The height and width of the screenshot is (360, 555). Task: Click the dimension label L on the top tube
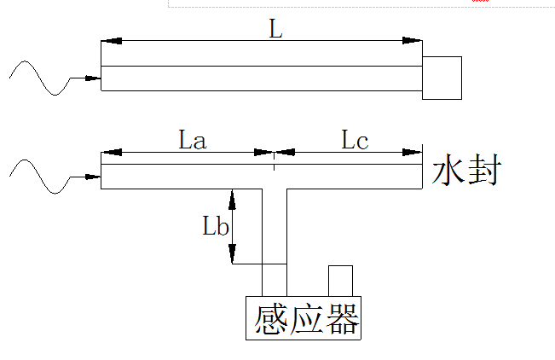275,28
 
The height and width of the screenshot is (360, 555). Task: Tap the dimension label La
193,139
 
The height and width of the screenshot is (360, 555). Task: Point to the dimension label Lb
215,226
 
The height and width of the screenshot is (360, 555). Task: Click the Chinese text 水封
465,170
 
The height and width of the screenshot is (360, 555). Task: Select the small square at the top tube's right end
442,78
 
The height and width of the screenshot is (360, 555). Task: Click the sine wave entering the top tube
38,78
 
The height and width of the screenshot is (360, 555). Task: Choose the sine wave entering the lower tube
38,177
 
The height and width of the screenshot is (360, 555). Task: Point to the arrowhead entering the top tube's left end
93,78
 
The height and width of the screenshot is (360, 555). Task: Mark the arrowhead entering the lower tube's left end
93,177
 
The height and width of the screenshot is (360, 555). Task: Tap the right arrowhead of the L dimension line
413,40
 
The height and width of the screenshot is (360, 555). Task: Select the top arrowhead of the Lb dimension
232,197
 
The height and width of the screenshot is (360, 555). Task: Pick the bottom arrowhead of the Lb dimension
232,254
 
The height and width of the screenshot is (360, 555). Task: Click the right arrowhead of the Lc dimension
413,153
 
